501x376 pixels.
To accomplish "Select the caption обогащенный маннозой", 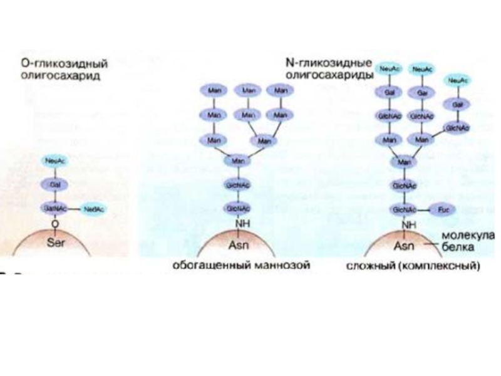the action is point(241,266).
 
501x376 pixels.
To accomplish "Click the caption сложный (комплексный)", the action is point(413,266).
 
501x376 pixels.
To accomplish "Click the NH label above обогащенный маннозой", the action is point(237,223).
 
